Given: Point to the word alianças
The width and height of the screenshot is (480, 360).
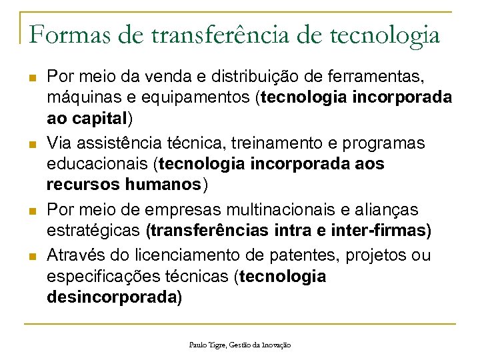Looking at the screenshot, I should tap(389, 209).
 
